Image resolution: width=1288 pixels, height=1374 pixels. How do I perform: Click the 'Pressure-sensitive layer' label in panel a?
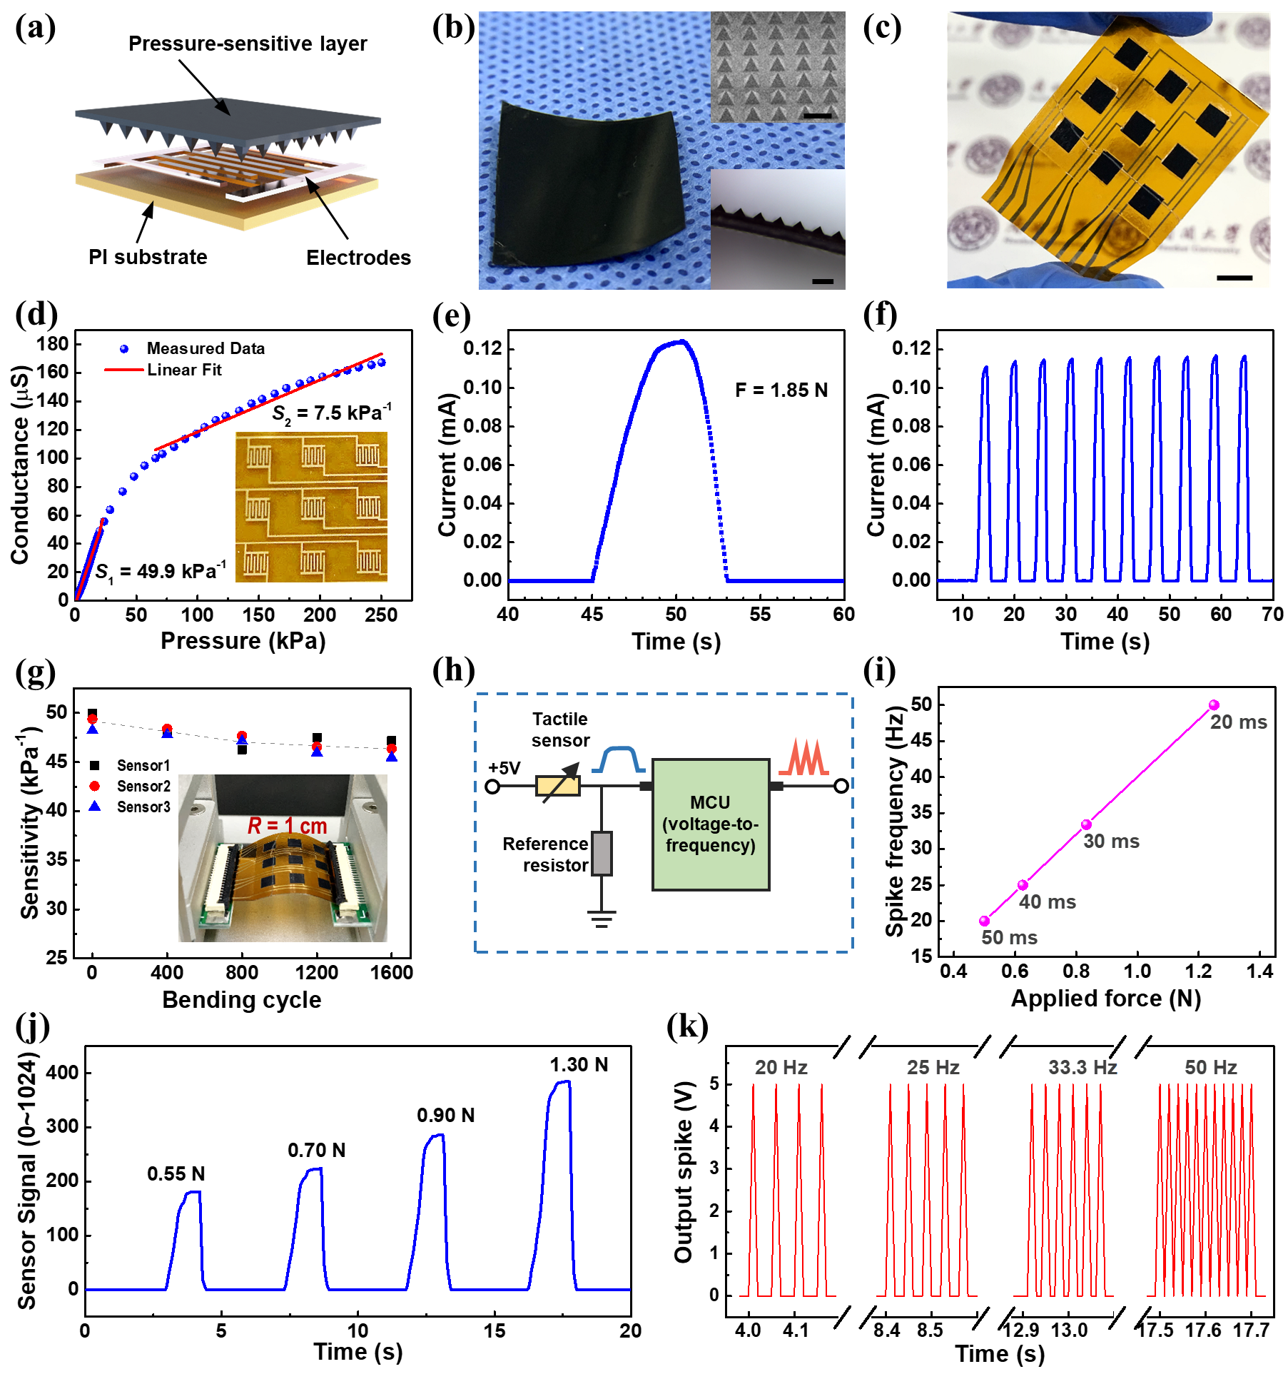(248, 44)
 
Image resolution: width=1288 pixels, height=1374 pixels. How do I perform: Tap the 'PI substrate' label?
(148, 257)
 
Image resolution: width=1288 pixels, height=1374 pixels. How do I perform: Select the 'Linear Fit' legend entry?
(184, 370)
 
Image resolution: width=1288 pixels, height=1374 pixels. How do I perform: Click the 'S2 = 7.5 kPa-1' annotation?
(332, 413)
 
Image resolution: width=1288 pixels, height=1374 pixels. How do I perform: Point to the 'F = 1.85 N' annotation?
(781, 390)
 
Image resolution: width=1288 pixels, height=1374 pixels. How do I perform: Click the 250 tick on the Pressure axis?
(381, 615)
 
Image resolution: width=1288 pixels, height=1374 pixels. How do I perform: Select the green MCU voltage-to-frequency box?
(711, 824)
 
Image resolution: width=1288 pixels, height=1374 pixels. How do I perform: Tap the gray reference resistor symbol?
(602, 853)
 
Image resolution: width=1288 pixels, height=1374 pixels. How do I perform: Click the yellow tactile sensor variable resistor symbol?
(558, 786)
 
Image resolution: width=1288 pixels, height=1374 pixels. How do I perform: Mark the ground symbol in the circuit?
(602, 918)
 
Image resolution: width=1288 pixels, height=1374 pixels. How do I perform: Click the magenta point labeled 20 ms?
(1214, 705)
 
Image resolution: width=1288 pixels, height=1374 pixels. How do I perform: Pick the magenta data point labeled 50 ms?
(985, 921)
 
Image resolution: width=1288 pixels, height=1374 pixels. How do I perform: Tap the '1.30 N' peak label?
(579, 1065)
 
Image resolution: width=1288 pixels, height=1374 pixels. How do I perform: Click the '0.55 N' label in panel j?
(176, 1174)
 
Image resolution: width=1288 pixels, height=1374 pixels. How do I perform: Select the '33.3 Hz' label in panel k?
(1082, 1068)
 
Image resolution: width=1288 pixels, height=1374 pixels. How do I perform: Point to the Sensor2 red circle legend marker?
(94, 786)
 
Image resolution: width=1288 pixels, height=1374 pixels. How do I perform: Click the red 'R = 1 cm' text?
(287, 826)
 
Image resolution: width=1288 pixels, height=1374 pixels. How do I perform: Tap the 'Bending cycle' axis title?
(242, 1000)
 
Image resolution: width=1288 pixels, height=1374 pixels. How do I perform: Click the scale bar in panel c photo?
(1234, 277)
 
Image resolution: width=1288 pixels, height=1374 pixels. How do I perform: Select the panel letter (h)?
(454, 672)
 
